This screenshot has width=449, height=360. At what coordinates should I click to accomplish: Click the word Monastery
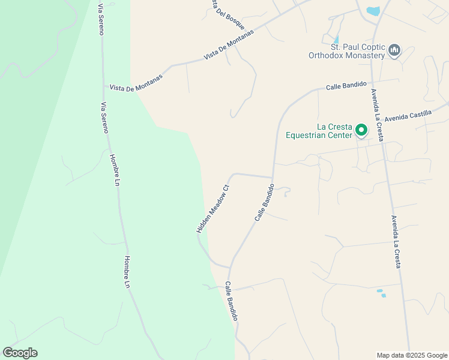363,55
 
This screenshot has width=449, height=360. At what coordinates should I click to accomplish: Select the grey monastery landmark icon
394,50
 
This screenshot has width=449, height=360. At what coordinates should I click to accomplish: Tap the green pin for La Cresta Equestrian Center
361,130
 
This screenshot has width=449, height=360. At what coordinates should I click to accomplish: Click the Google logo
20,353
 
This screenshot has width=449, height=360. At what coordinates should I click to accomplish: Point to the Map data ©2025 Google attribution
411,355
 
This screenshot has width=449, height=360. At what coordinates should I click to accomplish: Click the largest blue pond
373,11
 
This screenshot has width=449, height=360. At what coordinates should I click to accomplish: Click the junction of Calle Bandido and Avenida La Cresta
371,82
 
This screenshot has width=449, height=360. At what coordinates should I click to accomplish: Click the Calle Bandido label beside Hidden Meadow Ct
265,202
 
